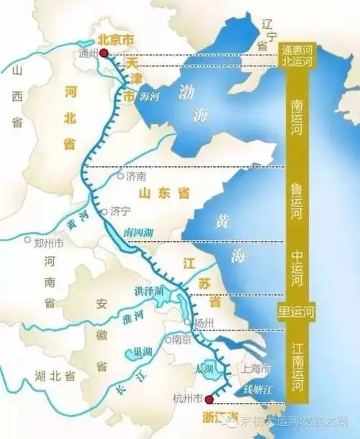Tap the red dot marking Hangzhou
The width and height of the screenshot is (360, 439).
point(209,399)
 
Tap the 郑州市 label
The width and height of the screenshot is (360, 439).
point(49,243)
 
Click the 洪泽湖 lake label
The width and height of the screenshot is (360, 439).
point(150,290)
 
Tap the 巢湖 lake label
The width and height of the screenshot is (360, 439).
point(142,353)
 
